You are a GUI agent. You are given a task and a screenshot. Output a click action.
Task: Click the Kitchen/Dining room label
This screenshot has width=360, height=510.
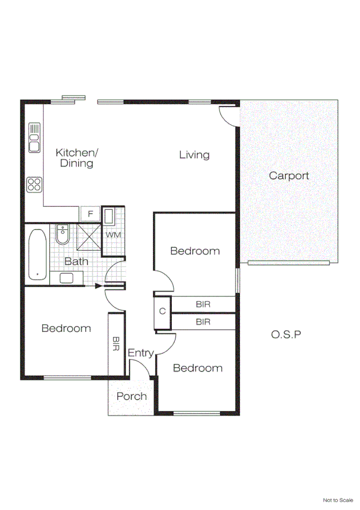(x=76, y=158)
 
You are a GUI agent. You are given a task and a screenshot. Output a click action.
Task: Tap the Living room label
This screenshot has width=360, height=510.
(x=194, y=155)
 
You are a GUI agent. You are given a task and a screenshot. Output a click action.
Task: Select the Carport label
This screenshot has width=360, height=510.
(x=288, y=176)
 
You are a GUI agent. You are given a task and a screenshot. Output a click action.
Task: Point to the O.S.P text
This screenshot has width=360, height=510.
(x=285, y=333)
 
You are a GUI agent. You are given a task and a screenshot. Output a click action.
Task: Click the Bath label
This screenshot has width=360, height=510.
(x=76, y=261)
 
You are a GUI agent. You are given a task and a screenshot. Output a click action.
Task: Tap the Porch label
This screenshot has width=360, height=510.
(x=131, y=396)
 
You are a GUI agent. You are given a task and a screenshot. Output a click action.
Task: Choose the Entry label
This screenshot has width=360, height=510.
(x=141, y=354)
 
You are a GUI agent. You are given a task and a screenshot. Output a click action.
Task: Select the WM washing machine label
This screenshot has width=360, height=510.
(x=113, y=234)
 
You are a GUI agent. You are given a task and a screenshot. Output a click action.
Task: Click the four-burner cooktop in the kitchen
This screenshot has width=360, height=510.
(x=34, y=184)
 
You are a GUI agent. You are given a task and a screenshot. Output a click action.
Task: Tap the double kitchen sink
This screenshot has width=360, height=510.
(x=34, y=137)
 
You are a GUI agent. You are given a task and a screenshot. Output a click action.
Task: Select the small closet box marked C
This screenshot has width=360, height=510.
(x=162, y=312)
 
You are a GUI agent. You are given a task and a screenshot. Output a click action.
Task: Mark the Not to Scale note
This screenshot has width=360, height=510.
(x=338, y=500)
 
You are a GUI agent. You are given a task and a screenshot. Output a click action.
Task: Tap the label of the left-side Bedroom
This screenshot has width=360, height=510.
(x=66, y=328)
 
